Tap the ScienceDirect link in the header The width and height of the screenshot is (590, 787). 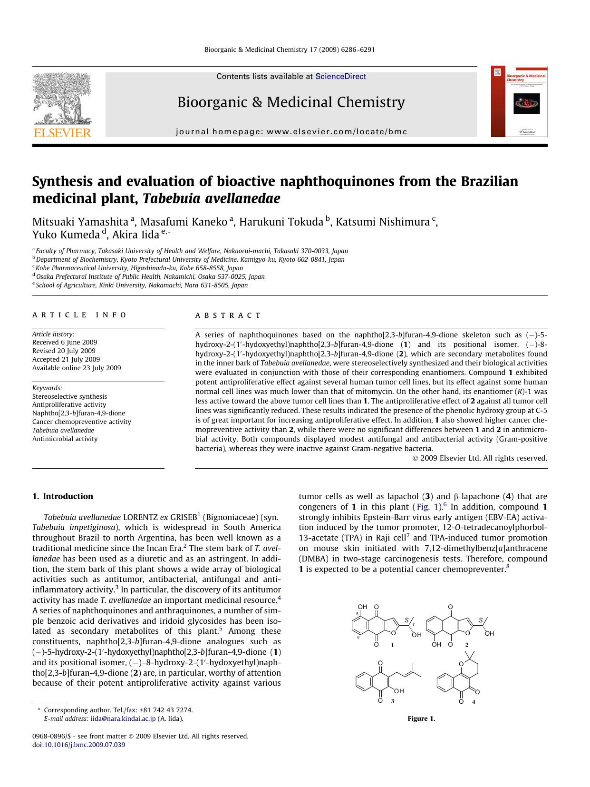pyautogui.click(x=340, y=76)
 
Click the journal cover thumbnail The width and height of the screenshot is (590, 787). pyautogui.click(x=519, y=101)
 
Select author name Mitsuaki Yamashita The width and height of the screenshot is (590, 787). pyautogui.click(x=80, y=222)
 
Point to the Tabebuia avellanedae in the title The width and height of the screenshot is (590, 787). pyautogui.click(x=211, y=198)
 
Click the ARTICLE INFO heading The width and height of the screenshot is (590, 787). pyautogui.click(x=79, y=315)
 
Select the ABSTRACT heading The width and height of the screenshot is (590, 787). pyautogui.click(x=228, y=315)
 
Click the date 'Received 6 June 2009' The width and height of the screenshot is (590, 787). pyautogui.click(x=65, y=342)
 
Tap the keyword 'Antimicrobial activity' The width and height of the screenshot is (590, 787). pyautogui.click(x=65, y=439)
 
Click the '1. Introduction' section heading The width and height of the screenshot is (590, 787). pyautogui.click(x=63, y=496)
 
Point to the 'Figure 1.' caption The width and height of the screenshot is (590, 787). pyautogui.click(x=421, y=718)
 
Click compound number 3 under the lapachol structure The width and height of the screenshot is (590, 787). pyautogui.click(x=392, y=701)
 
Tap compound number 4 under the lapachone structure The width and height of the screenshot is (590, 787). pyautogui.click(x=474, y=701)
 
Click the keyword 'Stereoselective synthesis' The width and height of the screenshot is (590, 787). pyautogui.click(x=69, y=396)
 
